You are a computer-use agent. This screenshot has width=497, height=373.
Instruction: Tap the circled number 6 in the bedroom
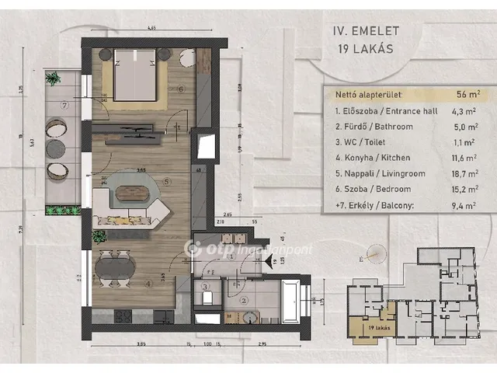click(180, 89)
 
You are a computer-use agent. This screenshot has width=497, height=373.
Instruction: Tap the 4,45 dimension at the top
click(151, 29)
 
